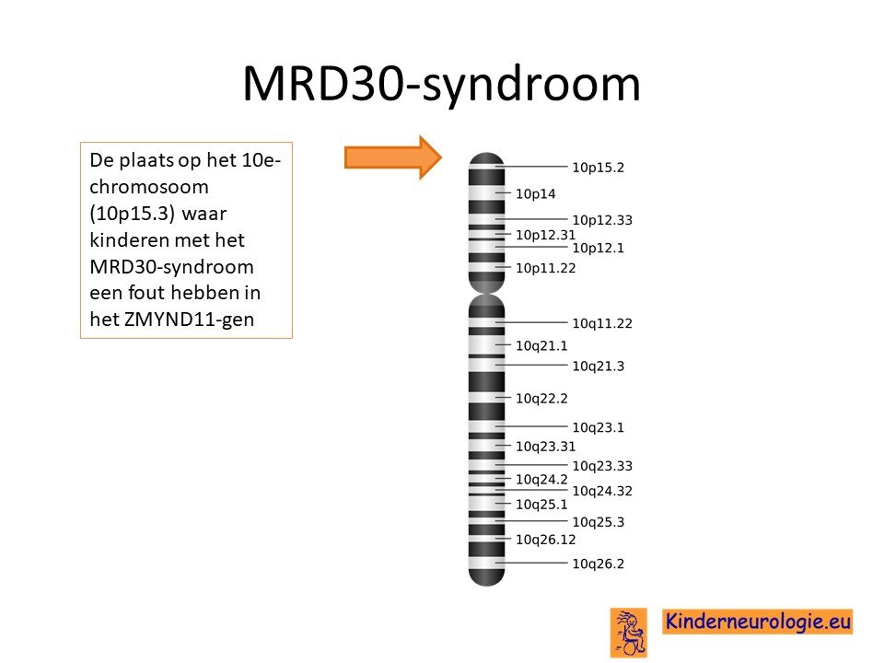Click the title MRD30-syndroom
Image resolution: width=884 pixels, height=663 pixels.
point(441,84)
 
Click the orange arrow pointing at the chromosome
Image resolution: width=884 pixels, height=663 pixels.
point(393,157)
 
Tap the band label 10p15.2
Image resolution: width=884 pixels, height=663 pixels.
point(599,168)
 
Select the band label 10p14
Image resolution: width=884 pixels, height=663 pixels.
point(536,194)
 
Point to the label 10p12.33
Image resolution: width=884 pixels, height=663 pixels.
point(602,220)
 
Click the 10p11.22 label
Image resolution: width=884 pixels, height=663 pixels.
point(546,268)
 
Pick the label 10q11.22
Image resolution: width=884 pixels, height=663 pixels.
point(602,323)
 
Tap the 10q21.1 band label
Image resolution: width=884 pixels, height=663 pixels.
point(541,345)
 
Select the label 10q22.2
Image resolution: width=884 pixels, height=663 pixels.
point(541,399)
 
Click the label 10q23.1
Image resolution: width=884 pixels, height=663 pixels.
point(599,427)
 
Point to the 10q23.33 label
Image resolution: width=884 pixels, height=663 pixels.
point(602,466)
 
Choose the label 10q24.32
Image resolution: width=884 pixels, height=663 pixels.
point(602,491)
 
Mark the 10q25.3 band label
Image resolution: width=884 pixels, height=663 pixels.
point(599,522)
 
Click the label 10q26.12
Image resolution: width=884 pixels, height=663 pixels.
point(546,540)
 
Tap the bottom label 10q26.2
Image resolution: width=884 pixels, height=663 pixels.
point(599,564)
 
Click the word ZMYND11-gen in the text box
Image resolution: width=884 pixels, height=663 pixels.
point(189,320)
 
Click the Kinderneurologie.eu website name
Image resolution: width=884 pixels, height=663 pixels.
point(757,622)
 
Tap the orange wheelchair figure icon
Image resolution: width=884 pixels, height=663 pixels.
point(629,632)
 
